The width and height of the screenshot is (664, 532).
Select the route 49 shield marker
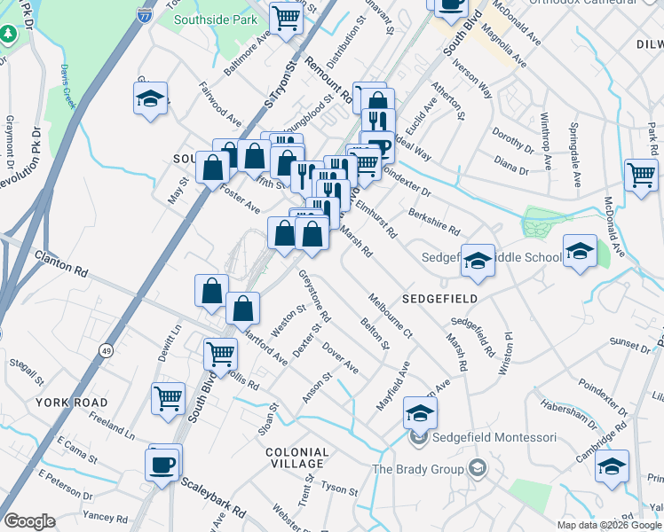pyautogui.click(x=106, y=350)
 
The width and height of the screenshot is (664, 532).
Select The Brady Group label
pyautogui.click(x=418, y=469)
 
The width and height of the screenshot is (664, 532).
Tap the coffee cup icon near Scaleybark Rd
pyautogui.click(x=163, y=464)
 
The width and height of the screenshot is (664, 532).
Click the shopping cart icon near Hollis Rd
pyautogui.click(x=219, y=353)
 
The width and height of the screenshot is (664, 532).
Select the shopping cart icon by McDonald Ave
pyautogui.click(x=641, y=174)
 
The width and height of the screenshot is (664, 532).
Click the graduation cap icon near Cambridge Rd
pyautogui.click(x=612, y=465)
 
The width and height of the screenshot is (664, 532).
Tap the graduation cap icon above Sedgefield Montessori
pyautogui.click(x=421, y=411)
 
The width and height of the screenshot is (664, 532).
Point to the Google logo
pyautogui.click(x=29, y=521)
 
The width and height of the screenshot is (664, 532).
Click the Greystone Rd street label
pyautogui.click(x=314, y=295)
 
